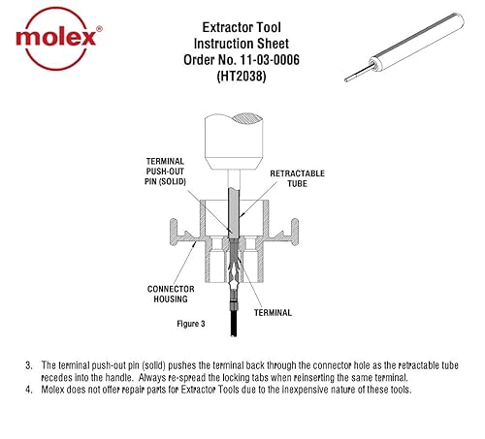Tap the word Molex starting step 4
(54, 390)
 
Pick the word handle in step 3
(160, 377)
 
